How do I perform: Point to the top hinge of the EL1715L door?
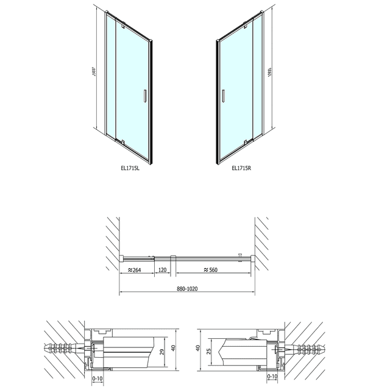click(121, 25)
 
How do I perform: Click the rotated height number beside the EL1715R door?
click(269, 72)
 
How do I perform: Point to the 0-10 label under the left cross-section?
click(94, 378)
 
